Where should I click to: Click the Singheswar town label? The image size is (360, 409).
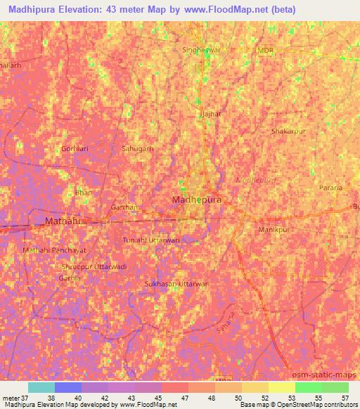[x=202, y=51]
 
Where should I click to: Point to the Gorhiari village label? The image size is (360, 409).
[x=75, y=149]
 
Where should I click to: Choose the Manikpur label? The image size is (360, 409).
[x=274, y=230]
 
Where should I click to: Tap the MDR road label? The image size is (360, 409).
[x=265, y=51]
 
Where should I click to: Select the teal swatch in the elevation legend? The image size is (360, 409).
[x=41, y=387]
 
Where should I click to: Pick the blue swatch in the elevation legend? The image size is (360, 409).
[x=68, y=387]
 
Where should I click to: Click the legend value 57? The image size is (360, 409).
[x=344, y=398]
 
